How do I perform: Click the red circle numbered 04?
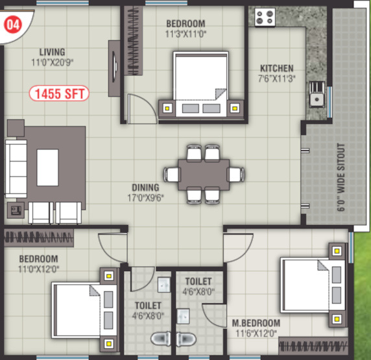pos(12,25)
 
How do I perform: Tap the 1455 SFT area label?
pos(59,93)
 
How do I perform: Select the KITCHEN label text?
pos(277,68)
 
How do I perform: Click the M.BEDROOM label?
pos(256,323)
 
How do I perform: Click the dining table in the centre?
pos(204,174)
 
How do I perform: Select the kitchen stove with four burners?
pos(265,16)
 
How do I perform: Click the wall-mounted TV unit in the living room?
pos(114,65)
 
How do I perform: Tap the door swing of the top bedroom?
pos(141,106)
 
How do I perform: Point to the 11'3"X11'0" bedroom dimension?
pos(186,34)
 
